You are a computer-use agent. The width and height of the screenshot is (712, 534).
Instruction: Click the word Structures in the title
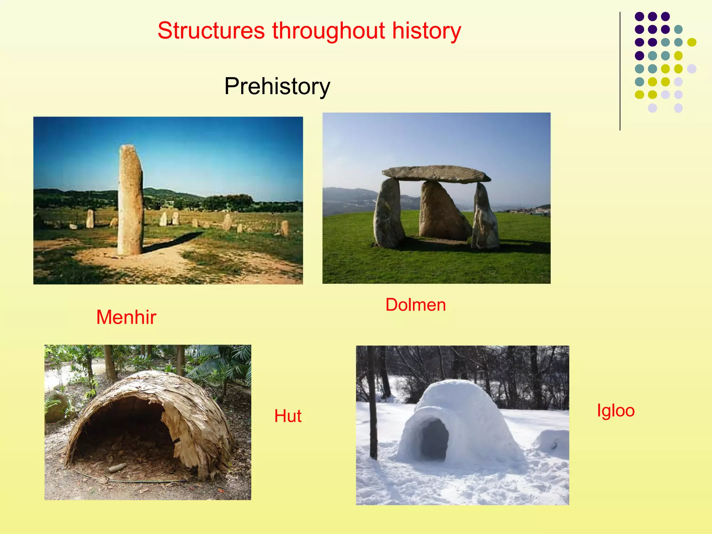(211, 31)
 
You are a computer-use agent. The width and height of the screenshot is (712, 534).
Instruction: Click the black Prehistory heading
(277, 86)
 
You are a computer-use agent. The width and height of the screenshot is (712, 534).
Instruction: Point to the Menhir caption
(126, 317)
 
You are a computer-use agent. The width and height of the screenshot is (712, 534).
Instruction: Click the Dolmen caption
(415, 305)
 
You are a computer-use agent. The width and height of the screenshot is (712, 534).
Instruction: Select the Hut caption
(288, 416)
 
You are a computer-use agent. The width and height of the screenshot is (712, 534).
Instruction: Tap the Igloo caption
(615, 411)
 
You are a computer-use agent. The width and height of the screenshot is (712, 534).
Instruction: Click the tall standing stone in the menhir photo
(130, 200)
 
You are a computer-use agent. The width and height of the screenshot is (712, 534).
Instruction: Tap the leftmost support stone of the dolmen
(388, 214)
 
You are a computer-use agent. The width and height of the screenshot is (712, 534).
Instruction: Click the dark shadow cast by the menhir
(174, 242)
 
